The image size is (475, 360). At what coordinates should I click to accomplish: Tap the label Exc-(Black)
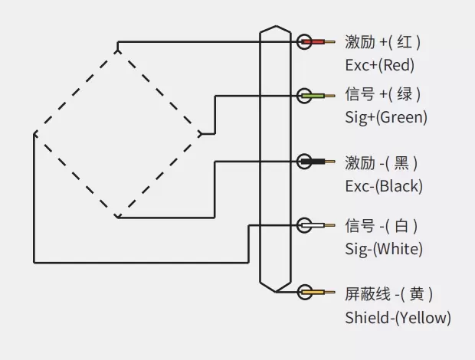tap(384, 185)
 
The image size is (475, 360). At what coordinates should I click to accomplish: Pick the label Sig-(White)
tap(384, 249)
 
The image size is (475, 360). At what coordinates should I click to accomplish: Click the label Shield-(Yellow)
tap(398, 317)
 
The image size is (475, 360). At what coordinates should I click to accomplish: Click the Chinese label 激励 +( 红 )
tap(382, 41)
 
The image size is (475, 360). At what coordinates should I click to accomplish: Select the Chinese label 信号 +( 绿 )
tap(382, 95)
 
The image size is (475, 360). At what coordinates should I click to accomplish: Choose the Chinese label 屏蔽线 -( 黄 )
tap(388, 294)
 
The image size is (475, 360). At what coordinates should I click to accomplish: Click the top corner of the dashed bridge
tap(116, 50)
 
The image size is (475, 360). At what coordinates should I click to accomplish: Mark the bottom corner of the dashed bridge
tap(116, 217)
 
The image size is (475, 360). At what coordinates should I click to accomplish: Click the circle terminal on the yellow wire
tap(304, 292)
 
